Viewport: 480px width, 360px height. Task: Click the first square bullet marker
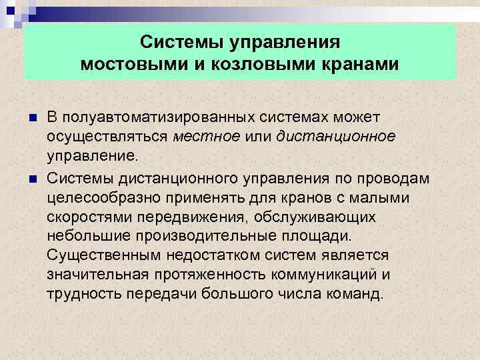[x=34, y=119]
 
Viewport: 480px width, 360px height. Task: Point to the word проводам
[x=397, y=180]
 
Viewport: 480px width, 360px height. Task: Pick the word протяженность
[x=215, y=274]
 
